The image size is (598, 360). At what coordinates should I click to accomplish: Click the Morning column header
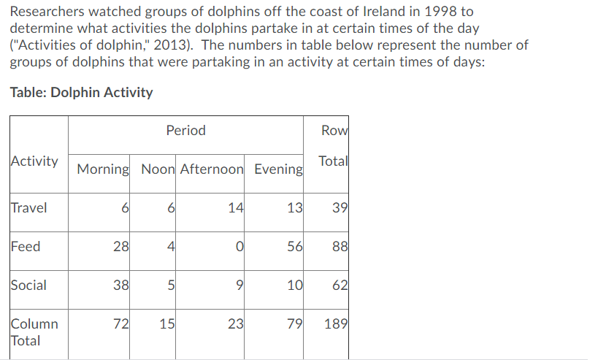(x=103, y=169)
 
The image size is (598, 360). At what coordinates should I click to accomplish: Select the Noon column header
(x=158, y=169)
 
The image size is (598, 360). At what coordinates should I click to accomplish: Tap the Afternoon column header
(x=212, y=169)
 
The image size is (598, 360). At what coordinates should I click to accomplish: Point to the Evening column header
(x=278, y=169)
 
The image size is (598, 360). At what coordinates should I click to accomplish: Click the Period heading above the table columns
(x=185, y=131)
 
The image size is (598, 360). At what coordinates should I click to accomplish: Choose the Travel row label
(x=29, y=208)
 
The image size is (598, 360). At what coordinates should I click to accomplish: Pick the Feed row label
(x=26, y=247)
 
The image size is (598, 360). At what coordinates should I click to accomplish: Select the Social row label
(x=29, y=286)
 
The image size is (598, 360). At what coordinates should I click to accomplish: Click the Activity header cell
(x=35, y=161)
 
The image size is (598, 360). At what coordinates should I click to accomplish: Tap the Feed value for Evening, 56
(x=294, y=247)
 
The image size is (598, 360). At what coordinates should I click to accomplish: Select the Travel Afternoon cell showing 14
(x=235, y=208)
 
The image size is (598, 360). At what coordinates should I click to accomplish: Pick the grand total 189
(x=335, y=324)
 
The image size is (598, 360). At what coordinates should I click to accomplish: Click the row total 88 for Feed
(x=340, y=247)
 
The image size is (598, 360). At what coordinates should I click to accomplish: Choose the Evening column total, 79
(x=294, y=324)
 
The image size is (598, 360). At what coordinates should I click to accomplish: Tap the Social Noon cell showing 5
(x=170, y=286)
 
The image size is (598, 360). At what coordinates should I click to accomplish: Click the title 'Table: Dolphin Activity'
(x=82, y=93)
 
